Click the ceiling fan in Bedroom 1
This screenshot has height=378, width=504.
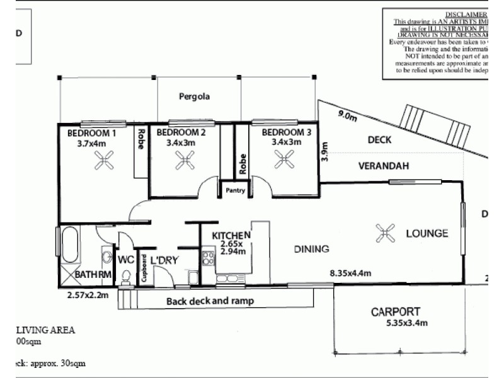pos(102,163)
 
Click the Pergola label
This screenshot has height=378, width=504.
pos(194,97)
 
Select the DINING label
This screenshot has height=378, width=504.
pos(311,249)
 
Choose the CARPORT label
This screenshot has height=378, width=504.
pos(395,312)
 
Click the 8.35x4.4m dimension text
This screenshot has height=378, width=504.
pos(350,273)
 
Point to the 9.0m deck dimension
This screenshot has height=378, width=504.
pos(348,115)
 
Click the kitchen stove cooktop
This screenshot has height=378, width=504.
pos(208,258)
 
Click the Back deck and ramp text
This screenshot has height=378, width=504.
pos(210,301)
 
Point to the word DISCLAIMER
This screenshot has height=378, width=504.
pos(466,14)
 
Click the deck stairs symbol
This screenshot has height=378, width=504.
pos(435,125)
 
